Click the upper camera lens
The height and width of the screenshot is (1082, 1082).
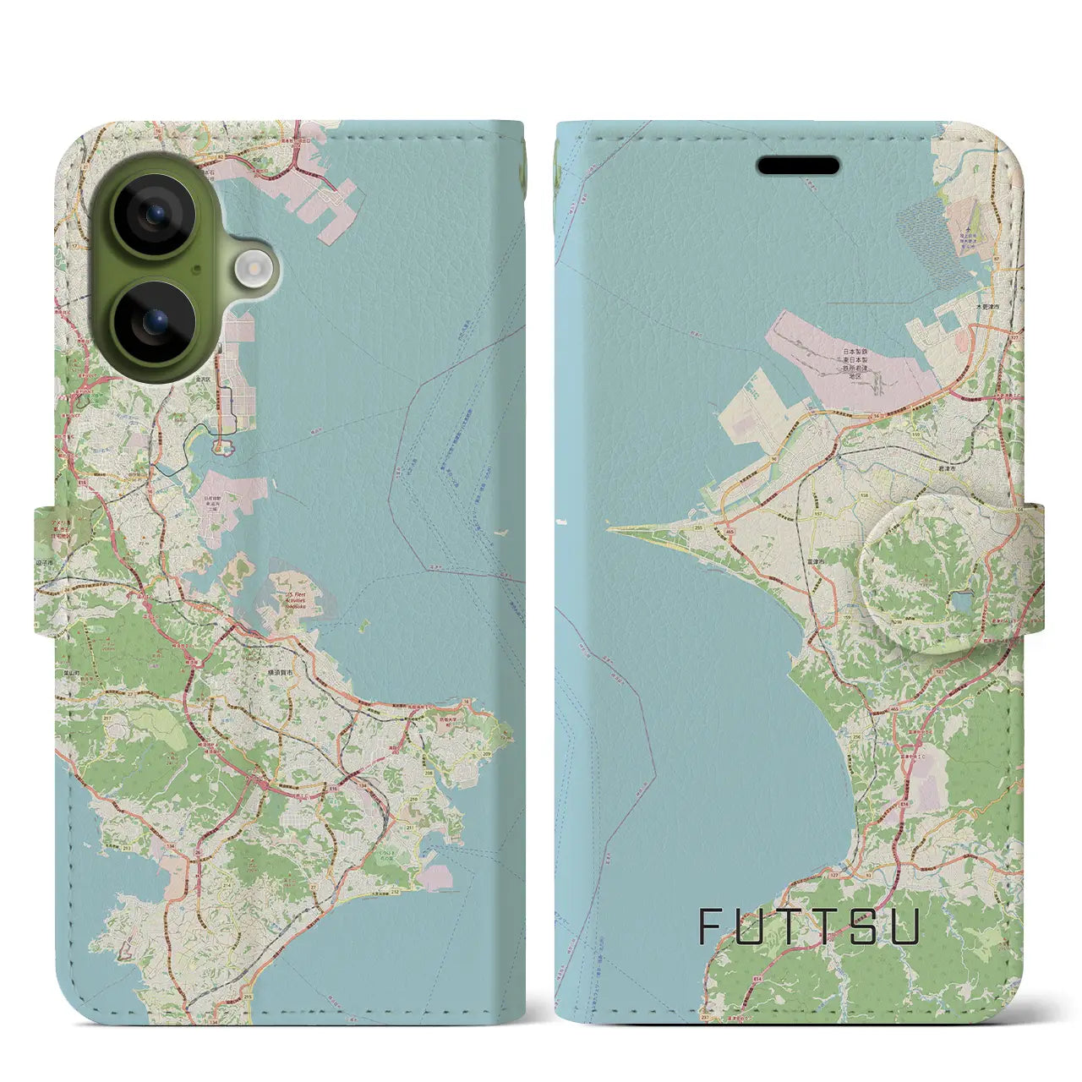click(154, 214)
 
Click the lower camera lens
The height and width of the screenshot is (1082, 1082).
click(154, 322)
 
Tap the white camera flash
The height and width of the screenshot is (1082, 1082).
click(252, 270)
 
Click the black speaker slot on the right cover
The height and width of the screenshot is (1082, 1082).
click(798, 166)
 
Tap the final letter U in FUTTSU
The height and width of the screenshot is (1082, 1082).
click(904, 926)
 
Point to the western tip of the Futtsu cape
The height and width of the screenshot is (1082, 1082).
click(609, 530)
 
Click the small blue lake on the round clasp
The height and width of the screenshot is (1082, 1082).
click(961, 602)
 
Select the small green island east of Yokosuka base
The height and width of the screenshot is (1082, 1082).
click(364, 626)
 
